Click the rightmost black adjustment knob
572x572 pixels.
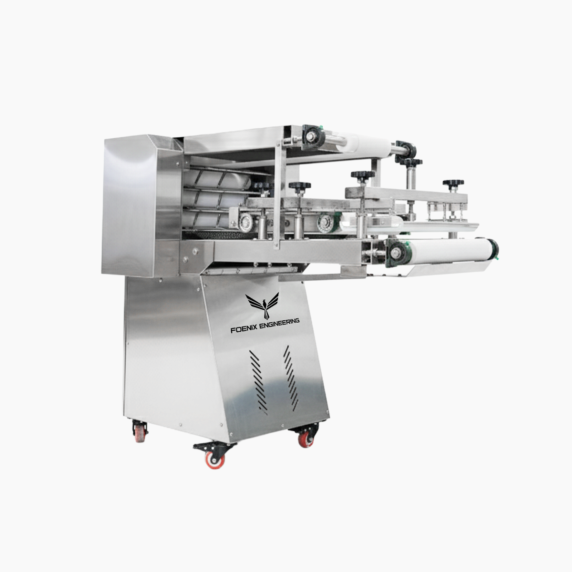pyautogui.click(x=450, y=184)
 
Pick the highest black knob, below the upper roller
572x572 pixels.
pyautogui.click(x=408, y=163)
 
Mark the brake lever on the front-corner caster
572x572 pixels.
pyautogui.click(x=200, y=447)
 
